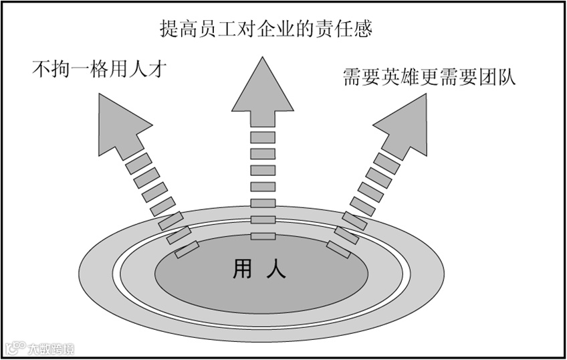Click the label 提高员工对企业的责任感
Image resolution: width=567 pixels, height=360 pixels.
pyautogui.click(x=265, y=29)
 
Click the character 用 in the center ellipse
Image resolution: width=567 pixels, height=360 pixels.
pyautogui.click(x=242, y=269)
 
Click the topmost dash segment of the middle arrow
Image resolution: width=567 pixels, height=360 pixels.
pyautogui.click(x=263, y=137)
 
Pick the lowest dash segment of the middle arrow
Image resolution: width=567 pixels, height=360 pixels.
pyautogui.click(x=263, y=236)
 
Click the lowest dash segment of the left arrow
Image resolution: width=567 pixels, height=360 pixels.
pyautogui.click(x=187, y=250)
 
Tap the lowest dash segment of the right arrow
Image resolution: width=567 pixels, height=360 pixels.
pyautogui.click(x=338, y=250)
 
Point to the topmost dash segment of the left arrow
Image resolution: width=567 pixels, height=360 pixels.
pyautogui.click(x=137, y=161)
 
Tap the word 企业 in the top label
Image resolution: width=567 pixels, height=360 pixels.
pyautogui.click(x=291, y=29)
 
